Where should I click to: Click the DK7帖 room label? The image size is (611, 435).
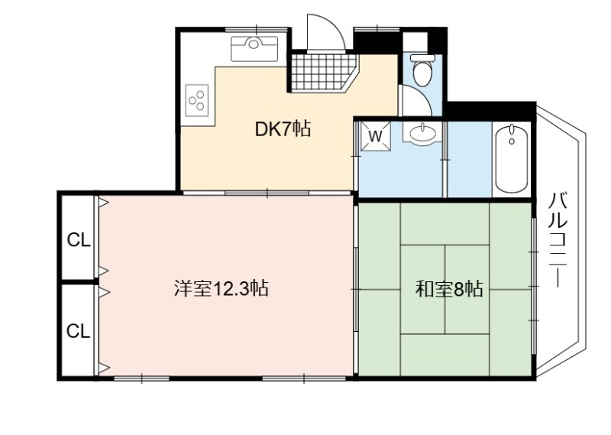click(283, 129)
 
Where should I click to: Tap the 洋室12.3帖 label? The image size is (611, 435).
click(221, 289)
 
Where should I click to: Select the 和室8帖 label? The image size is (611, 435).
click(449, 290)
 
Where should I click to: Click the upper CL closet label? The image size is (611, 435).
click(79, 240)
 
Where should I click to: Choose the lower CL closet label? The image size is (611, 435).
click(78, 331)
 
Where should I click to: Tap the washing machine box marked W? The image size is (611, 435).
click(375, 136)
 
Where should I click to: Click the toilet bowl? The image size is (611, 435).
click(422, 73)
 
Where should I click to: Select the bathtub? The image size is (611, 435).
click(512, 158)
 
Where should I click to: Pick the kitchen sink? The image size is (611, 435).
click(254, 49)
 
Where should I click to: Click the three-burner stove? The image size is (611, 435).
click(197, 100)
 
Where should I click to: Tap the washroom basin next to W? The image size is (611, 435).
click(422, 133)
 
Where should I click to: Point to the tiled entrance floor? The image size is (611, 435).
click(324, 73)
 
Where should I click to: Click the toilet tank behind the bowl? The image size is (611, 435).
click(422, 58)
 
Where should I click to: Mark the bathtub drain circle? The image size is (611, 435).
click(512, 141)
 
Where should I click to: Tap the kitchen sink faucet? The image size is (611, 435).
click(254, 43)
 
